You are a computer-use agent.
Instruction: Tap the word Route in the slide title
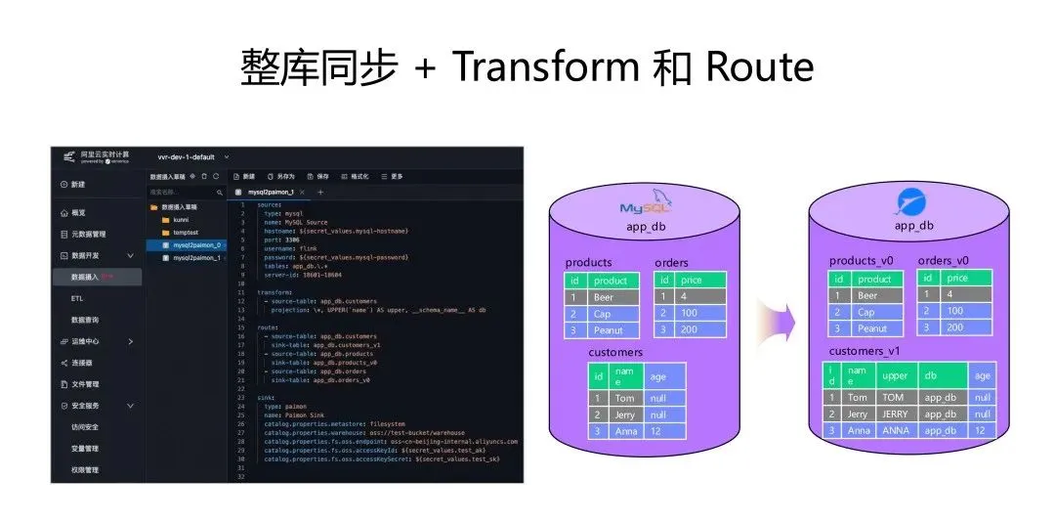coord(759,66)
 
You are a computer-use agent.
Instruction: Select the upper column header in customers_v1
coord(895,375)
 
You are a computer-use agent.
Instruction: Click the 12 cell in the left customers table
coord(665,431)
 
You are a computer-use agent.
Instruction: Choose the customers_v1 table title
coord(865,350)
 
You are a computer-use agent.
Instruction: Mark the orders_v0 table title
coord(943,261)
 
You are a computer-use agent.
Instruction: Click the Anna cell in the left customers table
coord(624,431)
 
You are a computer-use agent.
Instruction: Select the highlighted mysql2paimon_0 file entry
coord(196,245)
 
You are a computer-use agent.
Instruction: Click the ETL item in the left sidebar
coord(77,298)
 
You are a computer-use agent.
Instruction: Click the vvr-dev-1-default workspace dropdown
coord(192,157)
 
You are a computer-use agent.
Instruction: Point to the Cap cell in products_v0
coord(866,312)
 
